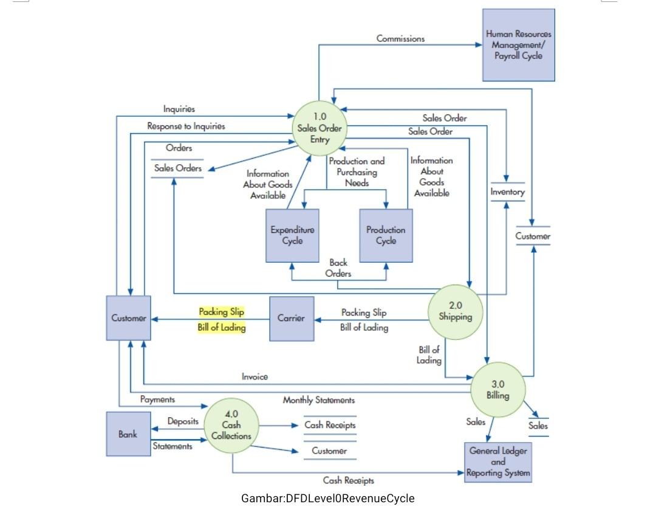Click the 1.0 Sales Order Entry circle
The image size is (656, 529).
point(319,128)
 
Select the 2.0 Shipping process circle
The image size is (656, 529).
point(455,311)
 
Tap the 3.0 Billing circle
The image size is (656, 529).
point(497,389)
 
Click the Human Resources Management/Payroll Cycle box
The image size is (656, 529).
point(518,45)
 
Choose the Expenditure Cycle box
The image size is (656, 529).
point(292,235)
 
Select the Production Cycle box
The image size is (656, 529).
point(386,235)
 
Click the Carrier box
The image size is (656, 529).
point(291,319)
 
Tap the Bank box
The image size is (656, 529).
point(128,434)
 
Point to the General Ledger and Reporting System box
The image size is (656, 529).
point(498,462)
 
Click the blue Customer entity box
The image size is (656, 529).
point(128,318)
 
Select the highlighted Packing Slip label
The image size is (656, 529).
point(222,312)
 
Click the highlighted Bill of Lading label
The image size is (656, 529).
point(222,328)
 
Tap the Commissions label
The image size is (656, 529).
point(400,39)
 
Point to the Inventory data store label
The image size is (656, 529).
point(507,192)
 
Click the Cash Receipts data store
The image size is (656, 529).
point(330,425)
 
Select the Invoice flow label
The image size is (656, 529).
point(255,377)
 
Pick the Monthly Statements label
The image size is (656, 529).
point(318,400)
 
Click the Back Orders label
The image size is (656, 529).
point(338,268)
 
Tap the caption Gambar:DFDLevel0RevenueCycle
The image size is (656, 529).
point(327,499)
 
